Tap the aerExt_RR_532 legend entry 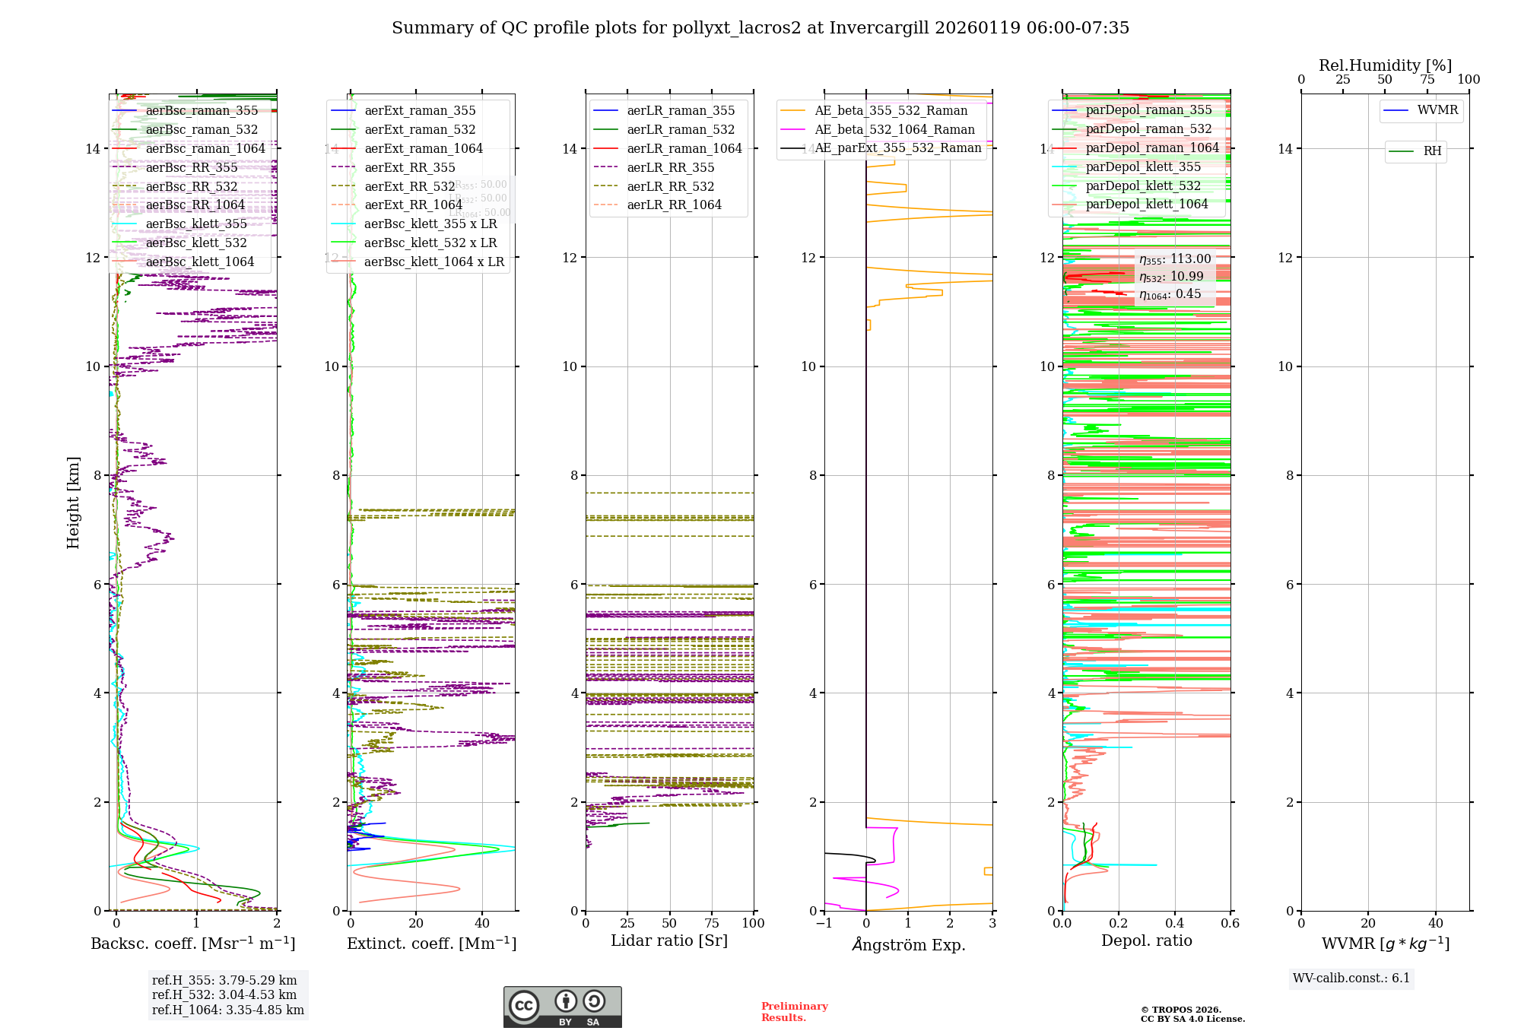tap(409, 186)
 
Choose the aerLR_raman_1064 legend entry tap(684, 149)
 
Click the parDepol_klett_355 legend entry tap(1143, 167)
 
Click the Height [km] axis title tap(73, 503)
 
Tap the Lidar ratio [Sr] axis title tap(669, 941)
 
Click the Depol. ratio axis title tap(1146, 941)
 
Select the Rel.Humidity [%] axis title tap(1385, 65)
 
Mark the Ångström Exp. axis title tap(908, 945)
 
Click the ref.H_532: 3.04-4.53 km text tap(224, 995)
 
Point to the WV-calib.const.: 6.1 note tap(1351, 978)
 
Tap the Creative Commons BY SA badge tap(562, 1007)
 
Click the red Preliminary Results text tap(794, 1012)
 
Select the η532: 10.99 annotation tap(1171, 277)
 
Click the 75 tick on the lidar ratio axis tap(712, 924)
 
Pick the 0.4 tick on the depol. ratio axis tap(1174, 924)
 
